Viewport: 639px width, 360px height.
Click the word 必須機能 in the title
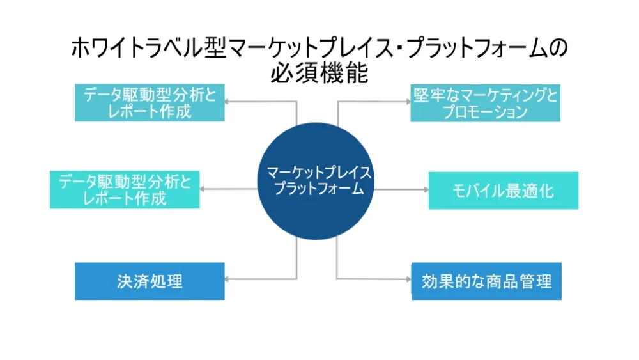pyautogui.click(x=319, y=74)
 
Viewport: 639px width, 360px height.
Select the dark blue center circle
pyautogui.click(x=316, y=181)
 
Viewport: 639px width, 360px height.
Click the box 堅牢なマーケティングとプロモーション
pyautogui.click(x=486, y=103)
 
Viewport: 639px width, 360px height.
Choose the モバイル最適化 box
pyautogui.click(x=504, y=191)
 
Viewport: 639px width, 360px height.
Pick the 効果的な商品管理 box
pyautogui.click(x=486, y=281)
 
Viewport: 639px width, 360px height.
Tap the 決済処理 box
pyautogui.click(x=150, y=281)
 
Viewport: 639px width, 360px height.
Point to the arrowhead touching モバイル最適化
pyautogui.click(x=426, y=189)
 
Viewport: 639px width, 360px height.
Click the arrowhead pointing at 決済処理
pyautogui.click(x=227, y=279)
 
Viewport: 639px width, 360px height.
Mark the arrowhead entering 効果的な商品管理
pyautogui.click(x=409, y=279)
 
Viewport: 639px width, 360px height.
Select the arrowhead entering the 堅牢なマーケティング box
pyautogui.click(x=408, y=102)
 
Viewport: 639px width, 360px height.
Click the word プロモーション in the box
pyautogui.click(x=486, y=112)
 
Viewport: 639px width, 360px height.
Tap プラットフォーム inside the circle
pyautogui.click(x=319, y=189)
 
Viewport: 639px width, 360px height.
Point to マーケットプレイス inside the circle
pyautogui.click(x=319, y=173)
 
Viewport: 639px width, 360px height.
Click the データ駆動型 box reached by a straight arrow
pyautogui.click(x=125, y=189)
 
